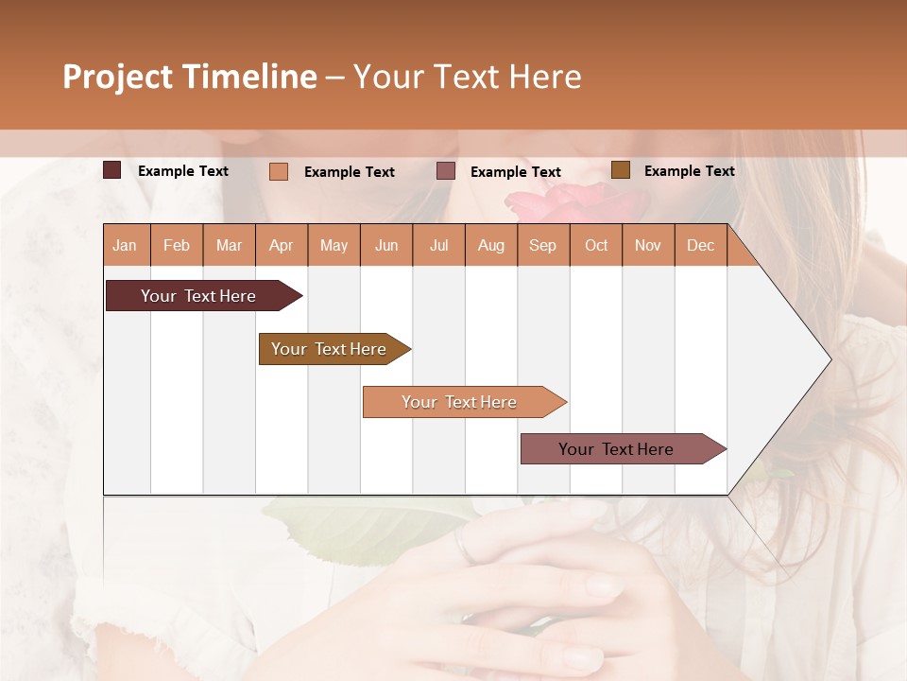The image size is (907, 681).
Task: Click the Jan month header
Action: coord(125,245)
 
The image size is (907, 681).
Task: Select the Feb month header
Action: coord(177,245)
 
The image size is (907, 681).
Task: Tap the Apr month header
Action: coord(281,245)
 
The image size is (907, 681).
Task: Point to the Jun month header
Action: coord(386,245)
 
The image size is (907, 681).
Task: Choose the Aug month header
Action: coord(490,245)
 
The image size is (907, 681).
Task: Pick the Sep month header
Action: coord(542,245)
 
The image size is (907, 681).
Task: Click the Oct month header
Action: coord(596,245)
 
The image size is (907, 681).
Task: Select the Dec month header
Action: coord(700,245)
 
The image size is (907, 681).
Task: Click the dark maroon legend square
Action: coord(112,170)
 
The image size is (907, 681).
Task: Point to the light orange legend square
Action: coord(279,171)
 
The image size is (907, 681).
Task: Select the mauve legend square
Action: coord(446,171)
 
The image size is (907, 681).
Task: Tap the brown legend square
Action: coord(621,170)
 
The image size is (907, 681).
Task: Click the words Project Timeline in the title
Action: coord(190,77)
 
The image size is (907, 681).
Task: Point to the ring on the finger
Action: coord(462,546)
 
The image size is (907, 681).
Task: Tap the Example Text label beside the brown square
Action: coord(689,171)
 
